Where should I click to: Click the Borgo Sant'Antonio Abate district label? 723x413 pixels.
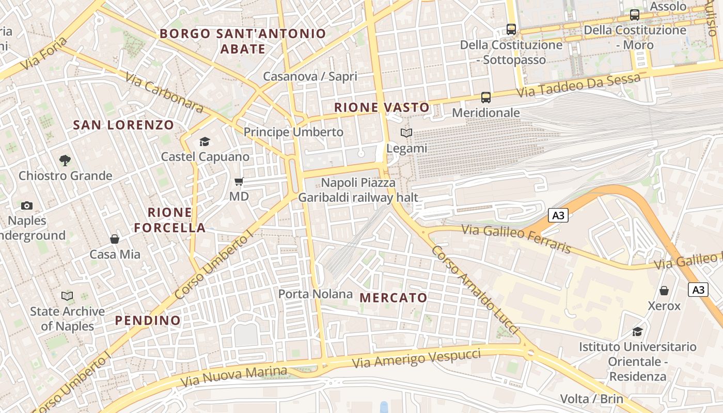point(243,41)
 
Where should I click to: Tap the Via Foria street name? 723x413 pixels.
point(44,54)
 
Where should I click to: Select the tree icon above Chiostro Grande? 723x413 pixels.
point(65,161)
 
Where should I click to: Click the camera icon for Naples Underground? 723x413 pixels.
point(27,206)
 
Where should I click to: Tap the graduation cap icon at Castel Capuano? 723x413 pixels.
point(205,141)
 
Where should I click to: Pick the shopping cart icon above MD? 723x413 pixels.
point(239,181)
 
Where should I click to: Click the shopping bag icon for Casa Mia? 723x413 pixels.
point(115,239)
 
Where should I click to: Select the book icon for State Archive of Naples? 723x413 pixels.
point(67,296)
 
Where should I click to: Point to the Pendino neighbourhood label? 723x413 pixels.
point(148,321)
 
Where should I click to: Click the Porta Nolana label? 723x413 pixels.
point(316,294)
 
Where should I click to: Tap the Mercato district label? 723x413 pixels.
point(394,298)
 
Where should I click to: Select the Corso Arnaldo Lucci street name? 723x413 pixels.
point(474,289)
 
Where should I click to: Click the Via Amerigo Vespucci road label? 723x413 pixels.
point(416,358)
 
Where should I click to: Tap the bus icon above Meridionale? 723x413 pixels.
point(486,97)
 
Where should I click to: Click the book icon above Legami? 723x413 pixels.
point(407,133)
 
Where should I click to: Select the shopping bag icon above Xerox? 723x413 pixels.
point(664,291)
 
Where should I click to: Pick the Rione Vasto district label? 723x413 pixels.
point(382,107)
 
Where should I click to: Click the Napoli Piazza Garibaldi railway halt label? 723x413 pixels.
point(358,190)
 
